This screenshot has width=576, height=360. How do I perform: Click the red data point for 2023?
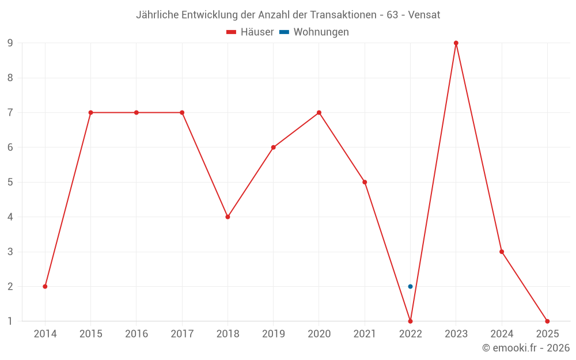tap(456, 43)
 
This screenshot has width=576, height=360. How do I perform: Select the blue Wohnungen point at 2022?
tap(410, 286)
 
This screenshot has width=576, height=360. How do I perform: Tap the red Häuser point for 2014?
tap(45, 286)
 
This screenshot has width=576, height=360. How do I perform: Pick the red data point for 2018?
tap(228, 217)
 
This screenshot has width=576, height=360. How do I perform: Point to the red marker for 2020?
tap(319, 112)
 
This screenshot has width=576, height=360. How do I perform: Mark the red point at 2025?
tap(547, 321)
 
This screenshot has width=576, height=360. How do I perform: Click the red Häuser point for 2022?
tap(410, 321)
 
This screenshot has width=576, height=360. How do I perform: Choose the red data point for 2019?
tap(274, 147)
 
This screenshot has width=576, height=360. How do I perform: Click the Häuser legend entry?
tap(250, 32)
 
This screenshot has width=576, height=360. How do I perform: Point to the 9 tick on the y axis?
tap(10, 43)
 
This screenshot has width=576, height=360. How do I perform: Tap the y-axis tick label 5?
tap(10, 182)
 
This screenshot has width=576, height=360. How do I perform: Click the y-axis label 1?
tap(10, 321)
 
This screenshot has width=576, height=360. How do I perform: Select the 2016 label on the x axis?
tap(137, 334)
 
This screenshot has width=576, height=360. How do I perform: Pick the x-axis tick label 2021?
tap(365, 334)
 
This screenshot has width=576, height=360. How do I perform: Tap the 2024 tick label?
tap(502, 334)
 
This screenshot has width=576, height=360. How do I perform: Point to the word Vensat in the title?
tap(424, 15)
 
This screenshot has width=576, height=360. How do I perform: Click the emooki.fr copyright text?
tap(526, 348)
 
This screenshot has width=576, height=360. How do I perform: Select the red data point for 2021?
tap(365, 182)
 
